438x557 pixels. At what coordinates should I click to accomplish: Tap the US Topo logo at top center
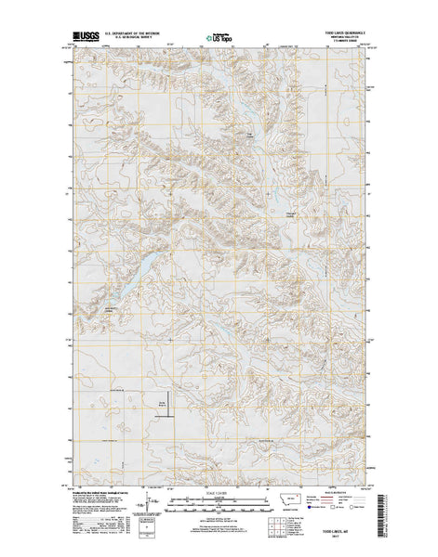click(219, 40)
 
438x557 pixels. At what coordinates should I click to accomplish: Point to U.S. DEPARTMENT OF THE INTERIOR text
click(146, 34)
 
